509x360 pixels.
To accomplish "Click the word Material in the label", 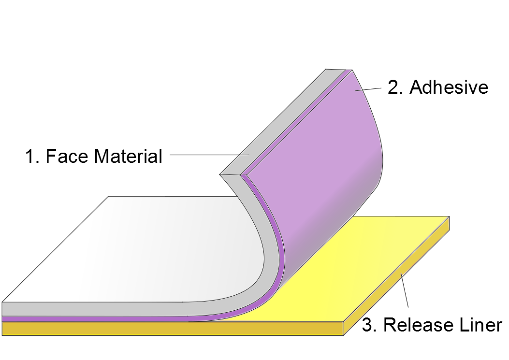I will coord(128,156).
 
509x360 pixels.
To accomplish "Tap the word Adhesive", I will coord(449,87).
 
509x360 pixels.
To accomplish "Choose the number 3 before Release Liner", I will coord(368,325).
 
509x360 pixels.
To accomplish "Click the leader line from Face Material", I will coord(208,155).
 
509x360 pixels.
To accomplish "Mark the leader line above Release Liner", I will coord(405,290).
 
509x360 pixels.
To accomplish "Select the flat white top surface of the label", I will coord(145,251).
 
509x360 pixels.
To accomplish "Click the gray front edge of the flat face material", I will coord(97,309).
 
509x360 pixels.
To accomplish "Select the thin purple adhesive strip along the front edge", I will coord(97,319).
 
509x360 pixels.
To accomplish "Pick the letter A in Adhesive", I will coord(416,87).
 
